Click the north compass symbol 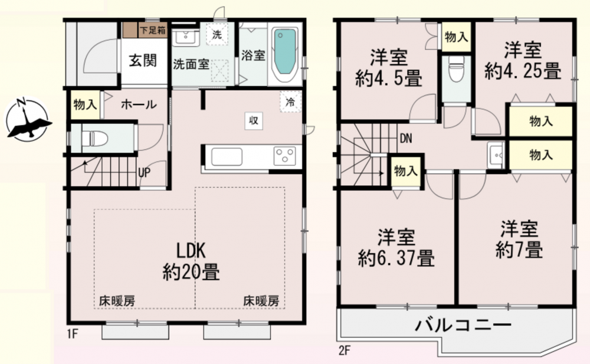click(28, 119)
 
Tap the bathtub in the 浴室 click(285, 54)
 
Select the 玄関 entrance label click(143, 60)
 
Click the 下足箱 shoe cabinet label click(153, 30)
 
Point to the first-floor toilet click(94, 138)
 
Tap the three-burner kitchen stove click(284, 156)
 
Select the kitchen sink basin click(227, 156)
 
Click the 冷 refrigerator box click(290, 101)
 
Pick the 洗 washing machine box click(217, 35)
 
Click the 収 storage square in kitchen click(254, 121)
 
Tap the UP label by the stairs click(144, 172)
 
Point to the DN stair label click(406, 139)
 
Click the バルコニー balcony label click(463, 324)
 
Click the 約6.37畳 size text click(396, 258)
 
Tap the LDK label click(191, 250)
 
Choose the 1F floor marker click(73, 333)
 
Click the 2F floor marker click(345, 351)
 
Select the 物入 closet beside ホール click(85, 104)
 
